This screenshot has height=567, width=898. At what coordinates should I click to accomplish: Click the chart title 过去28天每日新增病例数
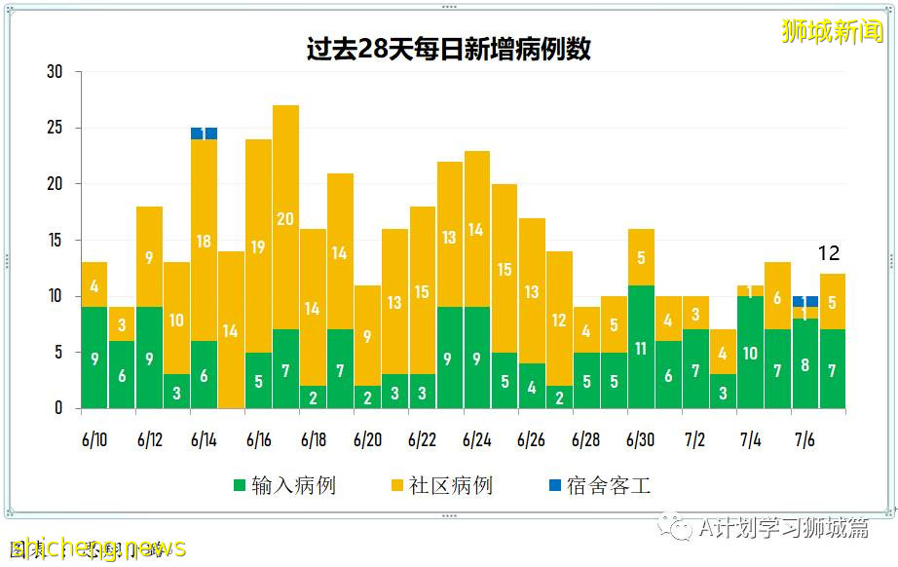[x=448, y=50]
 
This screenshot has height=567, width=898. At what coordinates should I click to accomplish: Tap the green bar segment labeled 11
[x=641, y=347]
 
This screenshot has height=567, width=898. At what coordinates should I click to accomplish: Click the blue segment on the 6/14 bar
[x=204, y=133]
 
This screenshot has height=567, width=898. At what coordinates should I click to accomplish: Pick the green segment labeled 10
[x=750, y=353]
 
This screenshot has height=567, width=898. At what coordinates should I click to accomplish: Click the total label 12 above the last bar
[x=828, y=253]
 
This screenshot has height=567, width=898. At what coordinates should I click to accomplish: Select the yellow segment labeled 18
[x=204, y=241]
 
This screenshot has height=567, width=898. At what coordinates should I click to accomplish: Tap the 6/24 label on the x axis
[x=476, y=440]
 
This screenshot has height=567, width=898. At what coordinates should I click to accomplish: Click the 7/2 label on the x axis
[x=695, y=440]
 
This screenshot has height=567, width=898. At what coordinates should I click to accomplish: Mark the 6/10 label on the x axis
[x=94, y=440]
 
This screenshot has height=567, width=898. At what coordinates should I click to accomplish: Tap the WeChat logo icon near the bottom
[x=673, y=528]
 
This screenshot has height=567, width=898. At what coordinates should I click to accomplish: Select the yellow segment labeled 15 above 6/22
[x=422, y=290]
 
